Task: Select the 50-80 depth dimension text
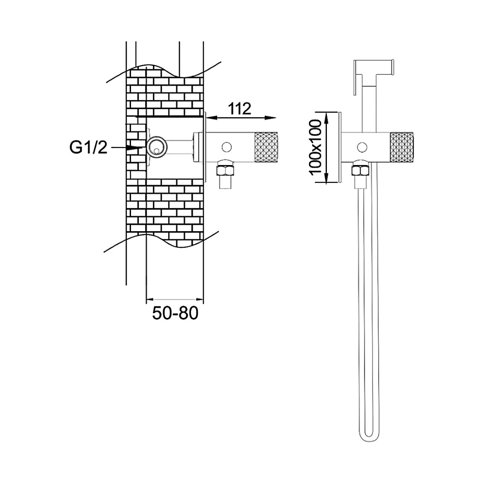(175, 313)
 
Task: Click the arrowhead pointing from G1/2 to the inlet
(136, 148)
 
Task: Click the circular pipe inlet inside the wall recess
(157, 146)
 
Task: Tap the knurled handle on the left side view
(266, 146)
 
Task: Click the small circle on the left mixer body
(227, 147)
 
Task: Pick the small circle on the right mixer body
(362, 147)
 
